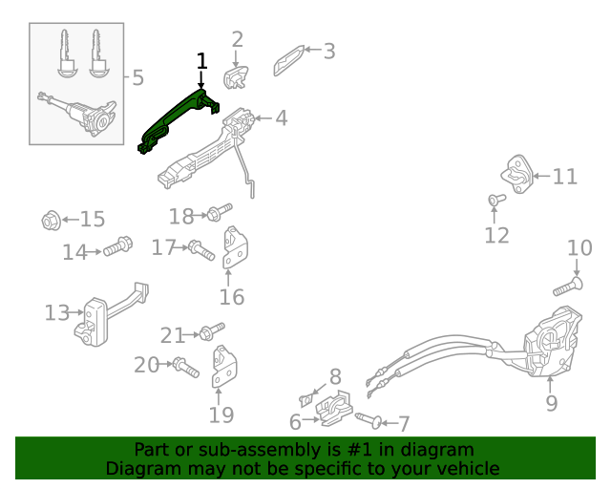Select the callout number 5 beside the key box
(x=137, y=77)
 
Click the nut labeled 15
(x=52, y=221)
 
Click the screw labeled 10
(x=567, y=286)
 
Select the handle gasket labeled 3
(x=289, y=59)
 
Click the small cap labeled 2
(x=236, y=75)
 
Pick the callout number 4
(x=281, y=118)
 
